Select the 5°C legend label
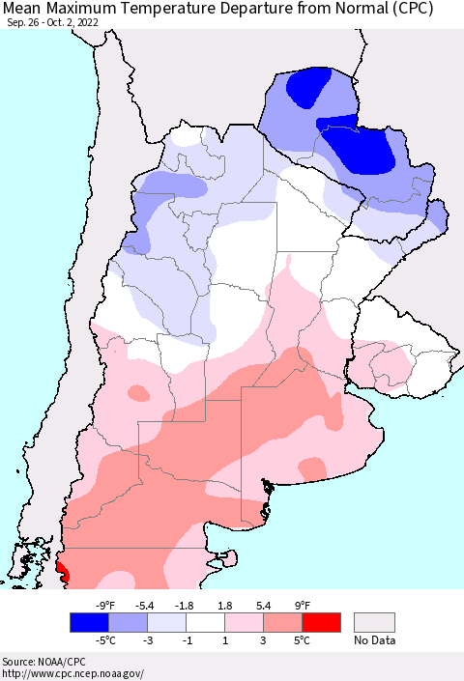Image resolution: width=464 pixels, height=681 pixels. pyautogui.click(x=302, y=638)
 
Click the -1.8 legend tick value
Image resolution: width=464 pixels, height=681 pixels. pyautogui.click(x=186, y=606)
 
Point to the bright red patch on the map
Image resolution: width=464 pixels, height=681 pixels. pyautogui.click(x=62, y=571)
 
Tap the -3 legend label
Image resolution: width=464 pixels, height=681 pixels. pyautogui.click(x=147, y=638)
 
